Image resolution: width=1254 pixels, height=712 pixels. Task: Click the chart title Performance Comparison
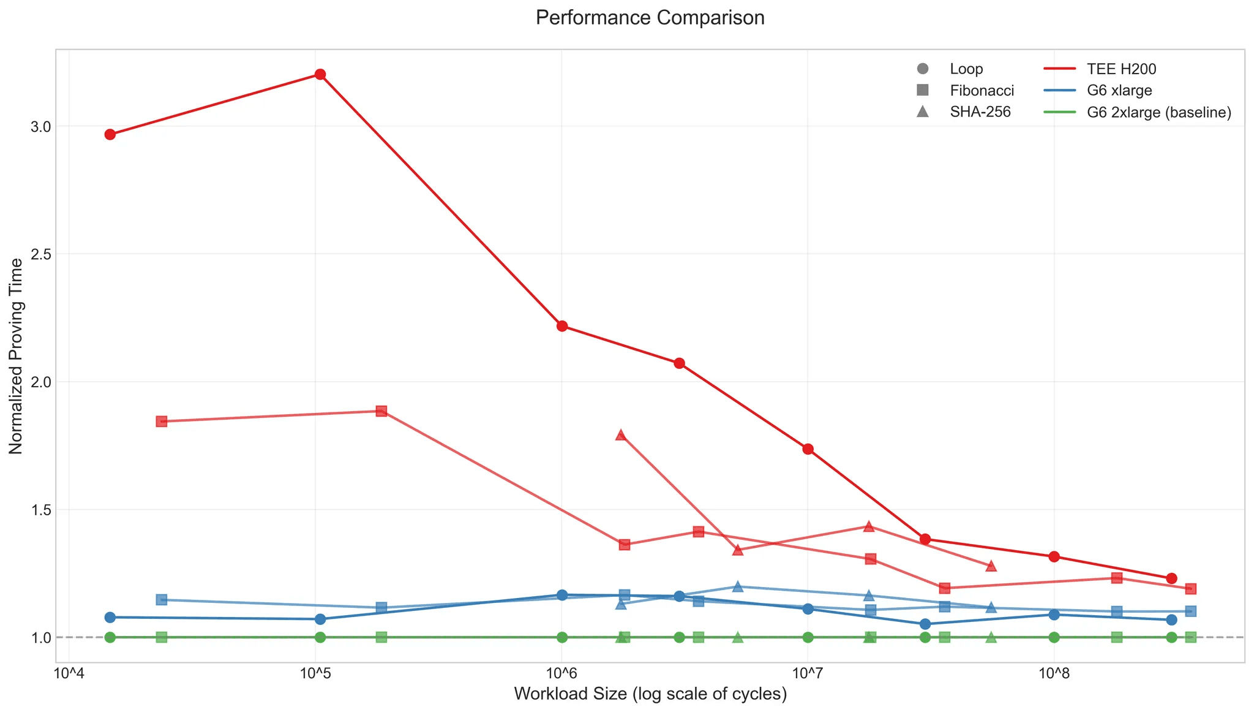tap(650, 18)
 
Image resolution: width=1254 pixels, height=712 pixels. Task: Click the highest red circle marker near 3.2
tap(320, 74)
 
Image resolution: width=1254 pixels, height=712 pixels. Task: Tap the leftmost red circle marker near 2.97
tap(110, 134)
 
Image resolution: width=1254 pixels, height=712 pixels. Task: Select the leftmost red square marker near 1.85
tap(162, 421)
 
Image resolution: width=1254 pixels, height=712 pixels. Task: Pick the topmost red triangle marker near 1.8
tap(620, 434)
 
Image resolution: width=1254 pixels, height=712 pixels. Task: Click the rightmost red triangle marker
tap(991, 566)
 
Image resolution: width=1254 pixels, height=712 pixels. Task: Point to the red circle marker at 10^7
tap(808, 449)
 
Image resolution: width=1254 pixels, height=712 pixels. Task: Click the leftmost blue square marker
tap(162, 599)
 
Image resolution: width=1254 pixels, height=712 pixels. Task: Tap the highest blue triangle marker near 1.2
tap(738, 586)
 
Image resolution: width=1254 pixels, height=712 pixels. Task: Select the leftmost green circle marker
tap(110, 637)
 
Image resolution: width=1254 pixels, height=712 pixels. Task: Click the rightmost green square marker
tap(1190, 637)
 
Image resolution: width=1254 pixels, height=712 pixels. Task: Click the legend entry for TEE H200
tap(1121, 69)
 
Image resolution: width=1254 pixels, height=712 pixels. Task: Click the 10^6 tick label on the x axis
tap(561, 675)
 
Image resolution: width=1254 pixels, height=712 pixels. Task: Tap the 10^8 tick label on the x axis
tap(1053, 675)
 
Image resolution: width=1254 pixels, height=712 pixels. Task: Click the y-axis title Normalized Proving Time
tap(17, 355)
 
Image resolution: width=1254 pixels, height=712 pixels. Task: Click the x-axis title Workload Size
tap(650, 694)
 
